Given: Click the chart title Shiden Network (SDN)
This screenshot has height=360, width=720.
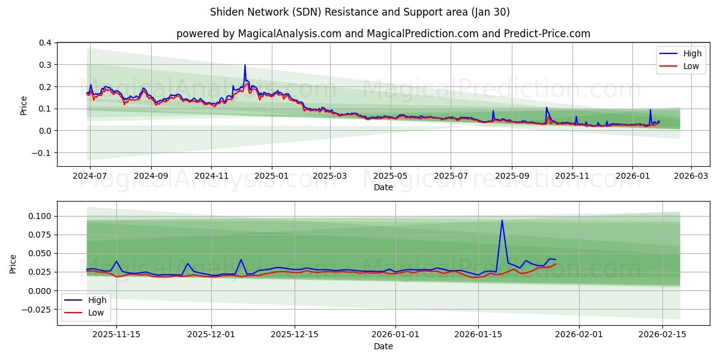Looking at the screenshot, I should click(360, 12).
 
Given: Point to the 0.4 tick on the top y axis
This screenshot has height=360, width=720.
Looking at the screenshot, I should click(45, 43).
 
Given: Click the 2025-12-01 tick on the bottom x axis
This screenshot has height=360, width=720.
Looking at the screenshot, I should click(211, 334).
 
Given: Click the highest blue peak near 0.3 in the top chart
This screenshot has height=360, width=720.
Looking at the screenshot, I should click(245, 65).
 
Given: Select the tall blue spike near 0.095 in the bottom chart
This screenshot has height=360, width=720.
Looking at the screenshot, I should click(502, 220).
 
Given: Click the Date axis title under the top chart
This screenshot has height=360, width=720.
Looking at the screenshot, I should click(383, 188).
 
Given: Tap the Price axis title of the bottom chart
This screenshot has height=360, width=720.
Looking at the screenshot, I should click(13, 264).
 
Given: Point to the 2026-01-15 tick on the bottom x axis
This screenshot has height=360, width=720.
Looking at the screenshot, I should click(478, 334).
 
